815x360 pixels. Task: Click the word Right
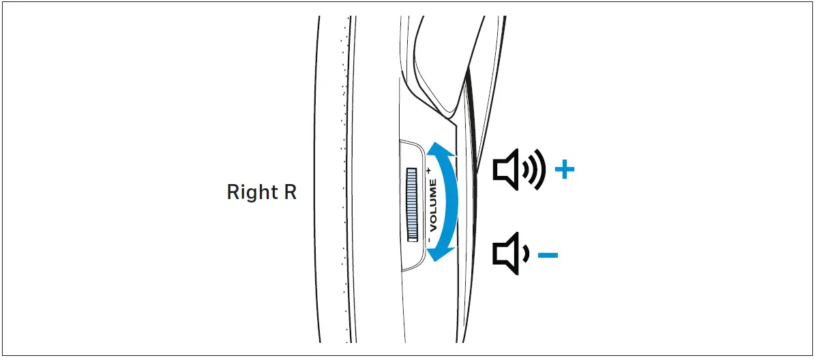tap(250, 192)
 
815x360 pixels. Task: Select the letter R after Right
tap(289, 192)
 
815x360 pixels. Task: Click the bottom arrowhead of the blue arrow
tap(439, 256)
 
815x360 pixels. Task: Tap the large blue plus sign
tap(564, 170)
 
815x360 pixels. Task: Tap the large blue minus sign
tap(548, 255)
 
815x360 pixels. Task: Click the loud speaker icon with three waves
tap(518, 171)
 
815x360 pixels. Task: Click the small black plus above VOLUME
tap(429, 169)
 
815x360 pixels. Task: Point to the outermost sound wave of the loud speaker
tap(541, 171)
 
